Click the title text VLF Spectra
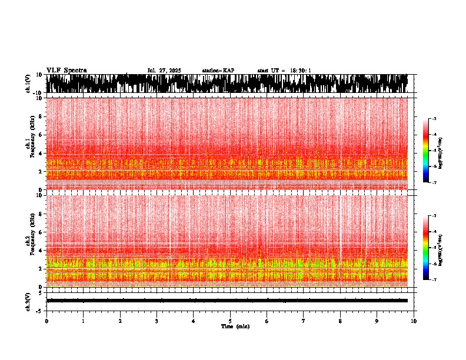66,70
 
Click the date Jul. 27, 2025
164,71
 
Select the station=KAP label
218,71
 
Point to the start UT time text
284,71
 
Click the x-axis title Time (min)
235,326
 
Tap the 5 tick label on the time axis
230,321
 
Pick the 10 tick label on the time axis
414,321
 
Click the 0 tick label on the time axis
46,321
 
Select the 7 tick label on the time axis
304,321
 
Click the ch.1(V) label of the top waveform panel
28,84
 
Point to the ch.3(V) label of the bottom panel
28,300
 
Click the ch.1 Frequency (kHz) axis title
29,144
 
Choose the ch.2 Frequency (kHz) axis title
29,241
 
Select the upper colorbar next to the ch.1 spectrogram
426,151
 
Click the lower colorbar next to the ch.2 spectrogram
426,248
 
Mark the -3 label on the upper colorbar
434,119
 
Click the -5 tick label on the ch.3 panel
41,310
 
